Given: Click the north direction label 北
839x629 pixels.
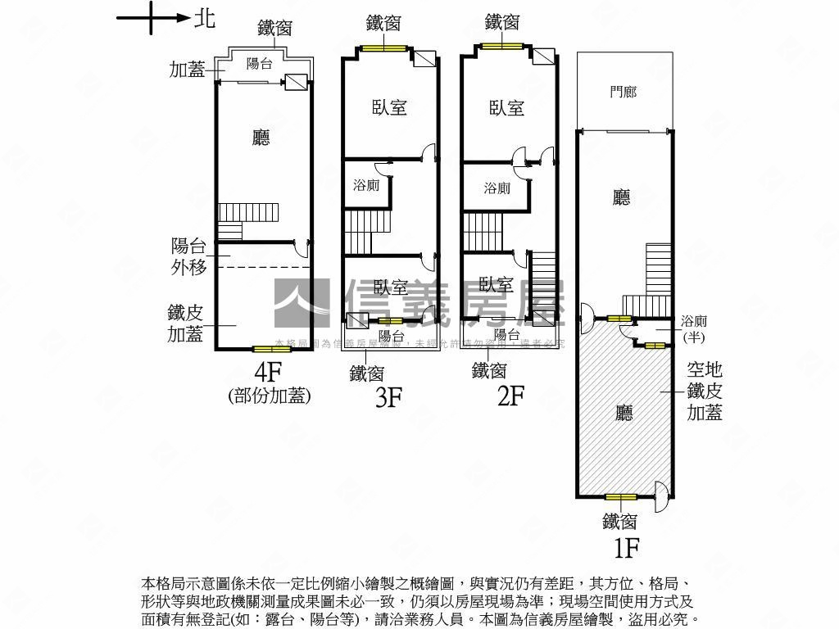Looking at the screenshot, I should click(205, 18).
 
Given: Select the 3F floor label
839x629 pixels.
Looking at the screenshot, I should click(388, 397).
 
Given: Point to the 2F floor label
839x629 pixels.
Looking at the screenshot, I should click(510, 396).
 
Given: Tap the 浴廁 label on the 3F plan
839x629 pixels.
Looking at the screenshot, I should click(366, 185).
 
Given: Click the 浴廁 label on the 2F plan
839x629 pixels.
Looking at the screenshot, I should click(497, 188).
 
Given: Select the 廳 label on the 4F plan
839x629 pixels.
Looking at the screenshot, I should click(261, 138).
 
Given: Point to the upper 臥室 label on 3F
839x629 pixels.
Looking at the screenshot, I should click(390, 107).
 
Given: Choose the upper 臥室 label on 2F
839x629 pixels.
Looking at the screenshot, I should click(506, 107).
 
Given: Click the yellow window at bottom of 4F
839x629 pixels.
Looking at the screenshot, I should click(271, 350).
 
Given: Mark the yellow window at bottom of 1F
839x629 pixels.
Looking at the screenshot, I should click(620, 497).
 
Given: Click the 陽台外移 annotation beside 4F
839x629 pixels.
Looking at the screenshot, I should click(188, 256).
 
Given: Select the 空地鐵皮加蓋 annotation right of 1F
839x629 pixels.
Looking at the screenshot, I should click(705, 392).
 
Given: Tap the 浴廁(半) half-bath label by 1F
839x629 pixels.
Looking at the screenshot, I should click(694, 329).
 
